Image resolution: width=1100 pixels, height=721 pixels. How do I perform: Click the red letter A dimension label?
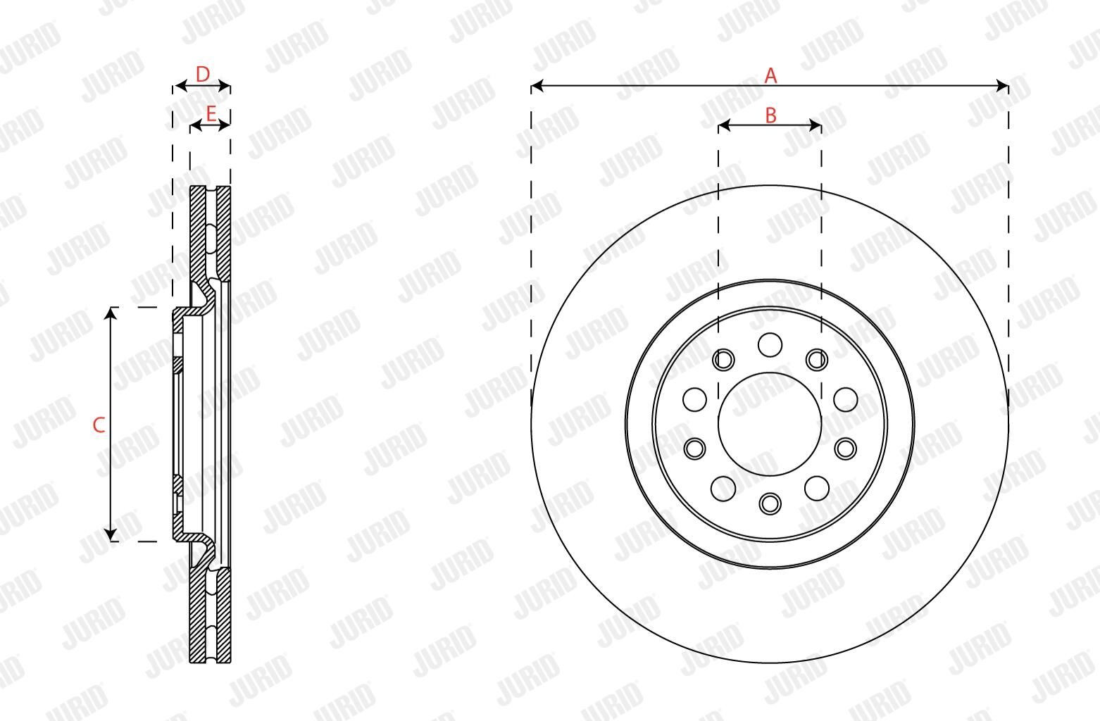click(x=770, y=75)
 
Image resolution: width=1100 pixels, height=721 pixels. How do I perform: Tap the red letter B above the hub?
click(x=770, y=115)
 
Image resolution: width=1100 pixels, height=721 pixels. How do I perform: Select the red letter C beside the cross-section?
click(x=99, y=425)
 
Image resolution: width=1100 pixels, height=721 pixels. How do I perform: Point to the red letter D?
click(x=202, y=74)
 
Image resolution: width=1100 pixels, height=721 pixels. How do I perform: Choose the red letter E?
click(x=211, y=114)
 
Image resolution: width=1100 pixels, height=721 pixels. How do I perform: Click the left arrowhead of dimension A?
click(x=537, y=86)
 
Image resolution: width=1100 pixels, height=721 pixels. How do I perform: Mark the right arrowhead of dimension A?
click(x=1002, y=86)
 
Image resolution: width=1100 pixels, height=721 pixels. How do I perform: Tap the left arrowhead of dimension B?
click(x=724, y=126)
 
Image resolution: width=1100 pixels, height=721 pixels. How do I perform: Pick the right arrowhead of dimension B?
click(x=815, y=126)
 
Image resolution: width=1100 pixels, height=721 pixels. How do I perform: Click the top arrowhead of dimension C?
click(x=111, y=313)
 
